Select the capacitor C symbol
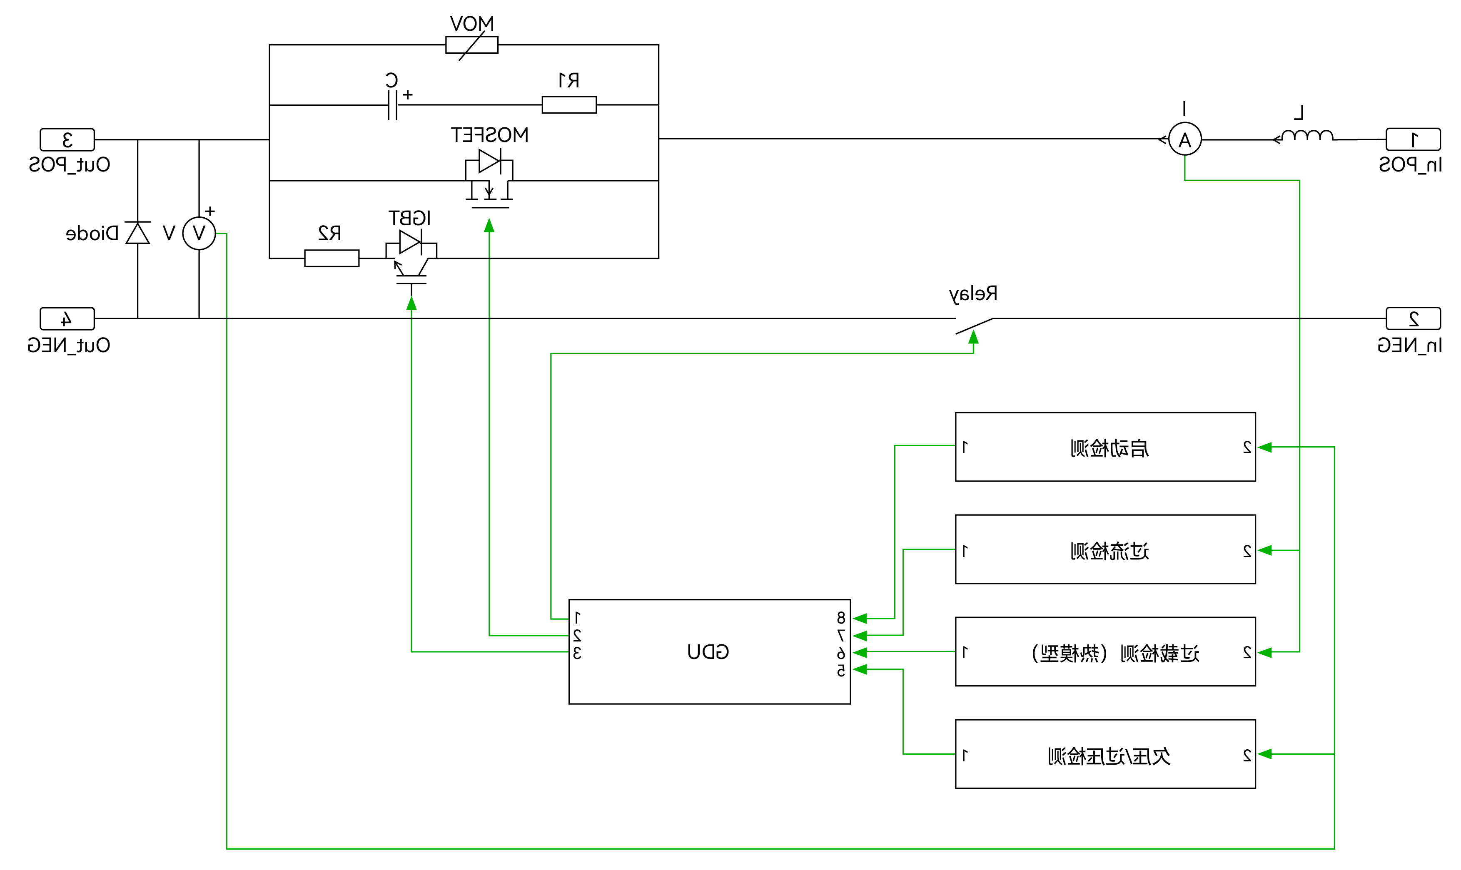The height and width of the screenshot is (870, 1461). coord(392,105)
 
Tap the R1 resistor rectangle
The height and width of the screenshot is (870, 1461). coord(569,105)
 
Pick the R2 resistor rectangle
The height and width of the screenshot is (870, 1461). coord(332,259)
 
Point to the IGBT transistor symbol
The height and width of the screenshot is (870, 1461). coord(411,258)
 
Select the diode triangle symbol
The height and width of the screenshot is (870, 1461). coord(138,234)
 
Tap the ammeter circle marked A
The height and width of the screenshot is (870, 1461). coord(1185,139)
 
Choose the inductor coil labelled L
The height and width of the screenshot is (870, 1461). coord(1307,137)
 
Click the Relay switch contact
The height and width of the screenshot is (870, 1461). coord(974,326)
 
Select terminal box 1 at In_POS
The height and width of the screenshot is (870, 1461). coord(1413,139)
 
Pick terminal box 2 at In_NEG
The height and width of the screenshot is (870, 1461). coord(1413,319)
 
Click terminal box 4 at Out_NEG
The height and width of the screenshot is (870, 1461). coord(67,319)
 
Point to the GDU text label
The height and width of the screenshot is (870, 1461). coord(708,652)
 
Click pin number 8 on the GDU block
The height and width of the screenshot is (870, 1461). coord(841,618)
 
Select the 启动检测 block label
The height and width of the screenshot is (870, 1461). coord(1109,448)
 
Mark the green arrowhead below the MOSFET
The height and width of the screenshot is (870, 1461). coord(489,226)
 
